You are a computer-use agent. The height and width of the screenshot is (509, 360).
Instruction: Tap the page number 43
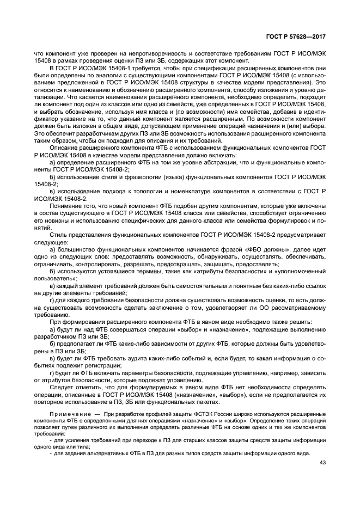coord(322,463)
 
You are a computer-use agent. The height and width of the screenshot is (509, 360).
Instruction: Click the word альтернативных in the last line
coord(95,452)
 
